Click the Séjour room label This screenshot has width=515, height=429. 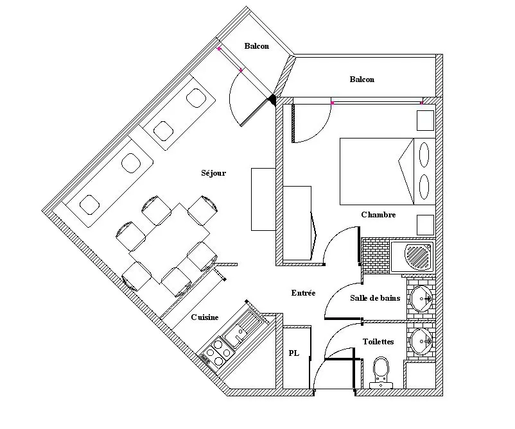tap(213, 173)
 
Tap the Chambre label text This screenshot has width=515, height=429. tap(378, 215)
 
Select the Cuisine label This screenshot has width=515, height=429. tap(205, 317)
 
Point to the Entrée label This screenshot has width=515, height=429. tap(303, 293)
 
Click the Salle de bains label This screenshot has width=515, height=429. tap(375, 298)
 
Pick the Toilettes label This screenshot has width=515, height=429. tap(378, 342)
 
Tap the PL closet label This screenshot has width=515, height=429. tap(293, 353)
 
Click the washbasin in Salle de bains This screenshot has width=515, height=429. tap(421, 299)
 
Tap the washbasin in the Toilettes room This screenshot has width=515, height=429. tap(421, 341)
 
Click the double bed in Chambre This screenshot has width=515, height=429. tap(388, 171)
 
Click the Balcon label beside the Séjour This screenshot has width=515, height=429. tap(256, 46)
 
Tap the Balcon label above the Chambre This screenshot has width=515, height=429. tap(362, 80)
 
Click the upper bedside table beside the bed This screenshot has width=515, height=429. tap(425, 121)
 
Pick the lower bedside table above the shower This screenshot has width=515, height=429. tap(425, 225)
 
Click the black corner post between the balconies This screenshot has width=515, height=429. tap(272, 99)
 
